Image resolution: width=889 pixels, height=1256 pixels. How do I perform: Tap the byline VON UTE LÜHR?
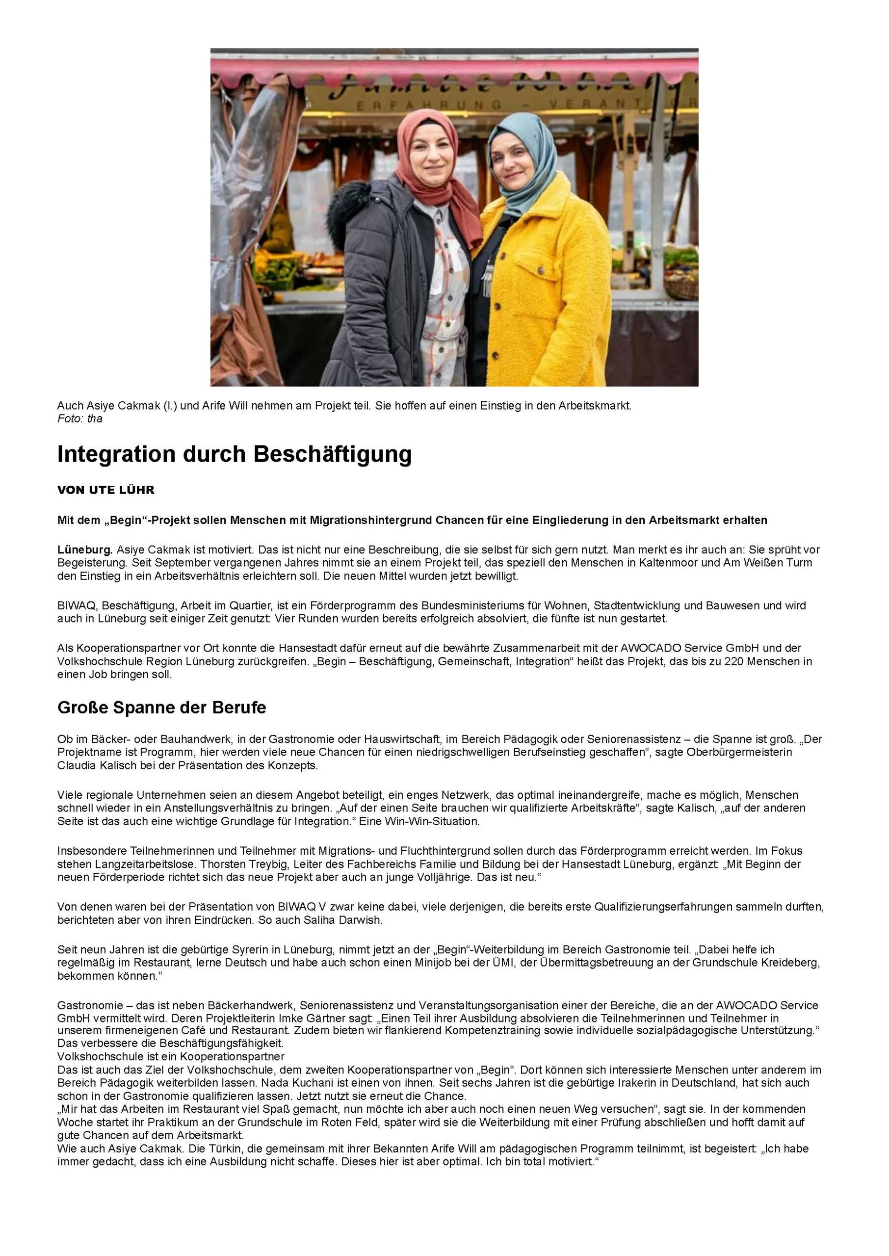coord(105,490)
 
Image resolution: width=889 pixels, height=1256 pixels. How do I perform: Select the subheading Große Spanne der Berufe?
coord(161,707)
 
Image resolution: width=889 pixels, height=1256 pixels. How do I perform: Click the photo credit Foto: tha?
coord(79,419)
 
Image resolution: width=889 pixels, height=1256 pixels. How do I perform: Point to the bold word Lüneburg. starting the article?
coord(85,549)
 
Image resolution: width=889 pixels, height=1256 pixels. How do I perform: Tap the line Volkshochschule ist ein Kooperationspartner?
coord(171,1057)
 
